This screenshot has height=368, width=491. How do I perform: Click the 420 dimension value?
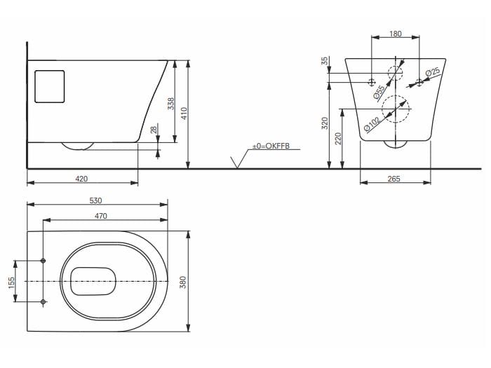[81, 179]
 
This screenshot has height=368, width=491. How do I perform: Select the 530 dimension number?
[95, 200]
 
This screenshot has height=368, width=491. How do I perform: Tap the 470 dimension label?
[101, 216]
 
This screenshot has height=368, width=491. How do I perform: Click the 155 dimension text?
[11, 281]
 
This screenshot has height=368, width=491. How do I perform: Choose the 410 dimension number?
[184, 114]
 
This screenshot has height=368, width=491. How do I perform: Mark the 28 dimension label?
[154, 130]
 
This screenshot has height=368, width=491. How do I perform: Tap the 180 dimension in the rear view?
[396, 34]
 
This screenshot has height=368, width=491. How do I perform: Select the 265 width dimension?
[394, 179]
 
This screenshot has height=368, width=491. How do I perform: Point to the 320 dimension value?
[324, 124]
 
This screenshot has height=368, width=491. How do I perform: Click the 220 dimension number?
[338, 139]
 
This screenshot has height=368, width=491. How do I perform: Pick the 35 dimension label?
[325, 62]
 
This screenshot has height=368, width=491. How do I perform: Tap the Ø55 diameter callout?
[378, 91]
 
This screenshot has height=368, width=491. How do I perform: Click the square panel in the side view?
[49, 87]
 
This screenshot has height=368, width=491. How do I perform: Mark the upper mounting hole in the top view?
[43, 261]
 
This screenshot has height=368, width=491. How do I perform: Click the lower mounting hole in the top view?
[43, 301]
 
